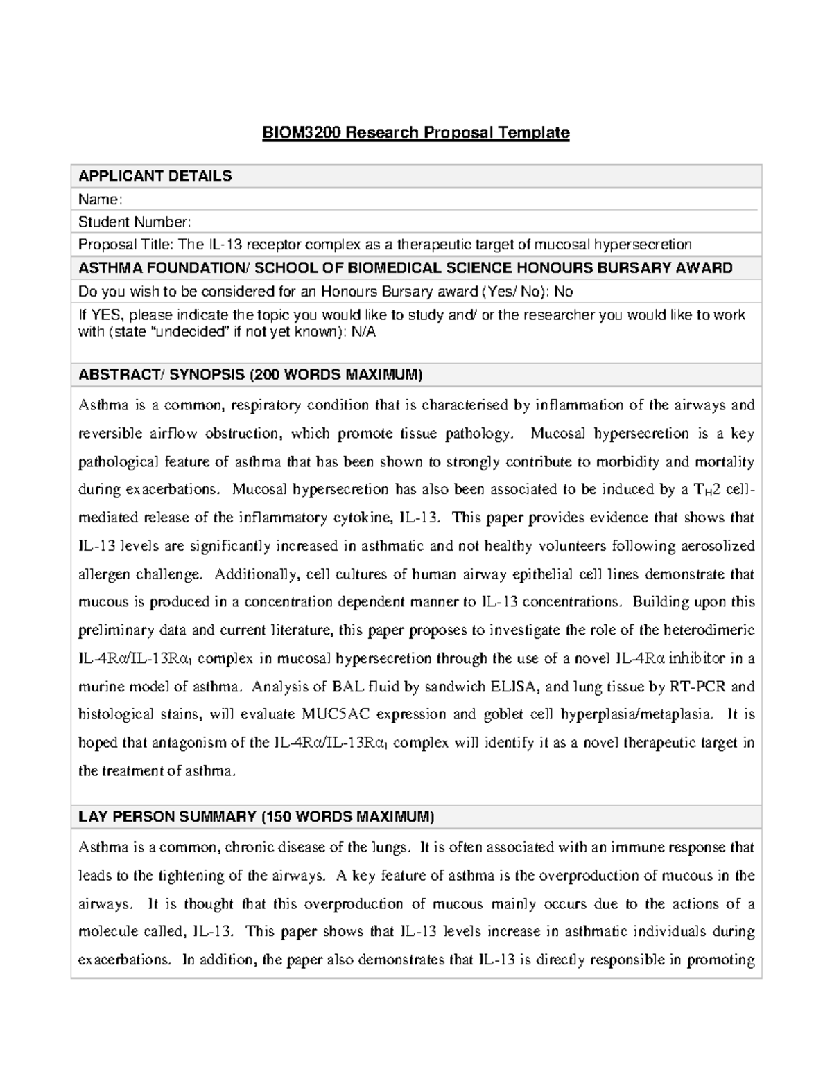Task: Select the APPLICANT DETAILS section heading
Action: (155, 176)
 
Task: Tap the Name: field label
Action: (100, 200)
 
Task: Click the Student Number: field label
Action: (134, 222)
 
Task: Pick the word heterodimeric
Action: (709, 630)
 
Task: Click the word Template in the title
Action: (536, 132)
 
